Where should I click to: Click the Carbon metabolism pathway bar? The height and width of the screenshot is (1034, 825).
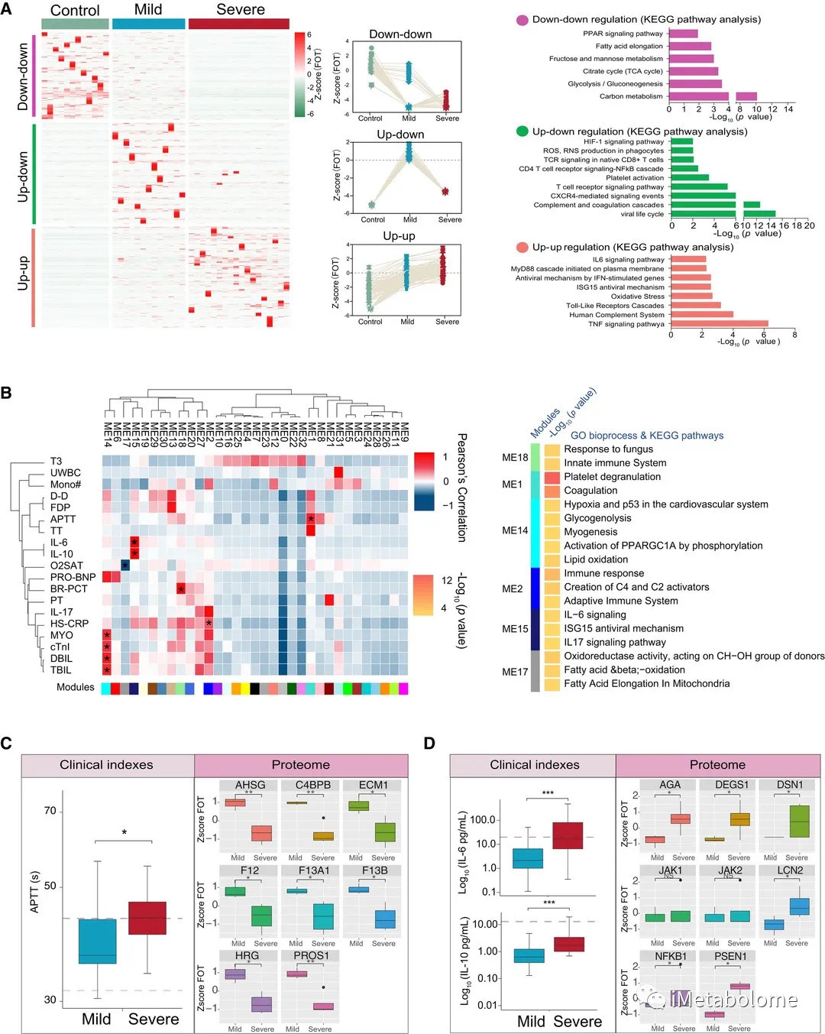tap(713, 97)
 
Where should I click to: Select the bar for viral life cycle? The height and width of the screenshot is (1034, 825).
tap(723, 214)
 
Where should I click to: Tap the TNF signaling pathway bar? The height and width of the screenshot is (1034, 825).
tap(719, 324)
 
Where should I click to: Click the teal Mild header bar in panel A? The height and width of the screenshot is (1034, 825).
tap(148, 24)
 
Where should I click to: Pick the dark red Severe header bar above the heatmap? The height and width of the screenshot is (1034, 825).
tap(238, 24)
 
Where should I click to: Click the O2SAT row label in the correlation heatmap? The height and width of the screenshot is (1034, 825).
tap(66, 566)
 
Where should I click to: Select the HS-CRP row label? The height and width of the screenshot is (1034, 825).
tap(70, 624)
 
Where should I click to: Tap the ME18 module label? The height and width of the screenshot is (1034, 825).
tap(515, 457)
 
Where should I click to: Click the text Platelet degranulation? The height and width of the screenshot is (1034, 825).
tap(612, 477)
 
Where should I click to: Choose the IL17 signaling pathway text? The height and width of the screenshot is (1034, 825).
tap(614, 642)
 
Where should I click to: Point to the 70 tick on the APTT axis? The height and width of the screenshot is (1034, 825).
tap(50, 811)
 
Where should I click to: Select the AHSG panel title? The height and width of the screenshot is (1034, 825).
tap(250, 785)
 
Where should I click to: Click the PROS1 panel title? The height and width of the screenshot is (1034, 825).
tap(311, 956)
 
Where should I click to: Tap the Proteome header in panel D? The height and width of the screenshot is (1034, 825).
tap(717, 765)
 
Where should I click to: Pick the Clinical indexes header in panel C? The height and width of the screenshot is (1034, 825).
tap(107, 765)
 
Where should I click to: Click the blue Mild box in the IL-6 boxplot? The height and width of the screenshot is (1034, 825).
tap(528, 858)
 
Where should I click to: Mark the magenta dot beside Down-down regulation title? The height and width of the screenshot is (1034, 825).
tap(522, 20)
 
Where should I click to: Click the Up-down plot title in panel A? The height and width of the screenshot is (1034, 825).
tap(400, 135)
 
